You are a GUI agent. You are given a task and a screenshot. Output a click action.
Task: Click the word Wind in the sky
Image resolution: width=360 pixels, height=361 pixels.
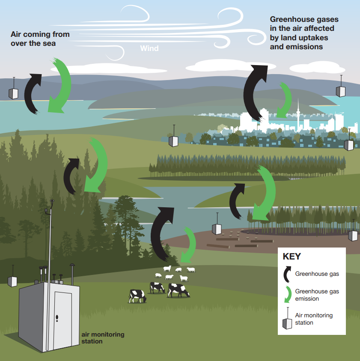pyautogui.click(x=149, y=48)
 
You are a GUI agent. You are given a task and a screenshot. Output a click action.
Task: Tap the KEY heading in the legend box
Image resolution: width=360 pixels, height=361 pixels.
pyautogui.click(x=292, y=257)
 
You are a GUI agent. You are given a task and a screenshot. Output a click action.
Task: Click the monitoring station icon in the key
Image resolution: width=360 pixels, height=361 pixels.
pyautogui.click(x=287, y=319)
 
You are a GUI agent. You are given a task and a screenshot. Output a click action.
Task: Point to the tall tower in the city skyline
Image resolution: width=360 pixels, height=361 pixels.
pyautogui.click(x=298, y=113)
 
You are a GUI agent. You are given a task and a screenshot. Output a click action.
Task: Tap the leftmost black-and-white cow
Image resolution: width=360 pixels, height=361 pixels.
pyautogui.click(x=137, y=295)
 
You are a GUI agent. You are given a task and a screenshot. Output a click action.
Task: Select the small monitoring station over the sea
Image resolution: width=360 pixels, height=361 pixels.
pyautogui.click(x=14, y=93)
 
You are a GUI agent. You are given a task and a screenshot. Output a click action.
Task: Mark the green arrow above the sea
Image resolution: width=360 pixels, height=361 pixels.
pyautogui.click(x=60, y=86)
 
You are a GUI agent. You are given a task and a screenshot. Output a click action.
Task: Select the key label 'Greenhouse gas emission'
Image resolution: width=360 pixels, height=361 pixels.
pyautogui.click(x=317, y=295)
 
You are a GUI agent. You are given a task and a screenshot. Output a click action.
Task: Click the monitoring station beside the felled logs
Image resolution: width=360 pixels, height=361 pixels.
pyautogui.click(x=217, y=229)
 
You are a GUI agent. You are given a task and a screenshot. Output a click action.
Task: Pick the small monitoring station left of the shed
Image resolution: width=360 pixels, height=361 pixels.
pyautogui.click(x=12, y=281)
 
